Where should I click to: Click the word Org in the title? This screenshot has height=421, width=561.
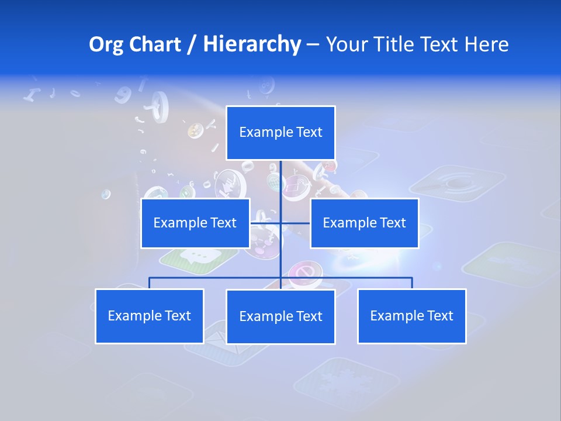coord(106,44)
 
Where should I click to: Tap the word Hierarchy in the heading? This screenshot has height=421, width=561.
coord(251,44)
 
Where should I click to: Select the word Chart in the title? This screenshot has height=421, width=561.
coord(154,44)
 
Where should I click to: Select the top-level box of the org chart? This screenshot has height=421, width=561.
coord(280,133)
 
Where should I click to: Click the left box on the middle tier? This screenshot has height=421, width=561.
coord(195,223)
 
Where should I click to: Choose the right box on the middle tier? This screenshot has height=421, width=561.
coord(364,223)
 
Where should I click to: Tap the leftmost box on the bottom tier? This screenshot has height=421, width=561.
coord(149,316)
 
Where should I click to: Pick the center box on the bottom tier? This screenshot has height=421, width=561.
coord(280,316)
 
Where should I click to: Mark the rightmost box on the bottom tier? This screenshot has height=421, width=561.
coord(411,316)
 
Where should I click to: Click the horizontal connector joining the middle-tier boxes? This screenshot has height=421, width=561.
coord(295,223)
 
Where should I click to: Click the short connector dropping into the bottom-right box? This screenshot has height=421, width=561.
coord(412,283)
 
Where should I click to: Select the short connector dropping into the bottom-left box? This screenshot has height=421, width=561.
coord(150,283)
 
